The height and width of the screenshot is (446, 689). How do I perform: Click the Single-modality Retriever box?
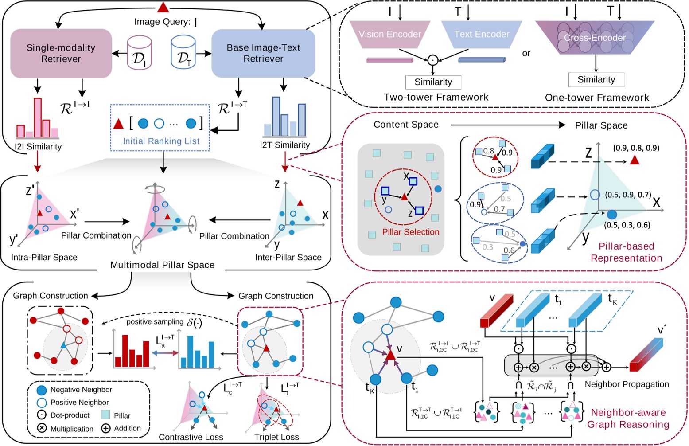tap(61, 53)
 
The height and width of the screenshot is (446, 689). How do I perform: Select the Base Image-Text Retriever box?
tap(263, 53)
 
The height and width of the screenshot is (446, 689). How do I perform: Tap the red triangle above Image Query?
tap(163, 7)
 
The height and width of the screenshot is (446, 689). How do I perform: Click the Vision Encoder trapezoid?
tap(390, 35)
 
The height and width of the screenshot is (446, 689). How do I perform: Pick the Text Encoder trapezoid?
tap(482, 35)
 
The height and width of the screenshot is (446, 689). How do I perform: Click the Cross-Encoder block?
tap(595, 38)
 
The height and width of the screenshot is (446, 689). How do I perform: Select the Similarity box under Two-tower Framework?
tap(433, 82)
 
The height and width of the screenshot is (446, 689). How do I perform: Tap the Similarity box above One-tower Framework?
tap(596, 80)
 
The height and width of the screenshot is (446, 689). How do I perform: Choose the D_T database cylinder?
tap(183, 53)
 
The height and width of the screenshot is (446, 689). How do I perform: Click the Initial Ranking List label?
tap(161, 141)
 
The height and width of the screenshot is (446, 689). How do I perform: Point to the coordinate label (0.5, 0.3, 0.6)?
tap(627, 225)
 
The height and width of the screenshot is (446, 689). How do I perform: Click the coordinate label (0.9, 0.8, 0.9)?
tap(636, 148)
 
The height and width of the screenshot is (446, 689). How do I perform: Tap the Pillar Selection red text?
tap(410, 232)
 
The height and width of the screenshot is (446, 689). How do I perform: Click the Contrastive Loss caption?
tap(191, 437)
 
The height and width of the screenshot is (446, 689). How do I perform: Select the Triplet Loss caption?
tap(276, 437)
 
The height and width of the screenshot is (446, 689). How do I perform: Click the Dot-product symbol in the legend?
tap(42, 415)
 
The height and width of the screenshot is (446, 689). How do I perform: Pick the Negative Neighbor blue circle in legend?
tap(42, 390)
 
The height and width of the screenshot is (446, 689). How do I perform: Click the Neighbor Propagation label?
tap(627, 384)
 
